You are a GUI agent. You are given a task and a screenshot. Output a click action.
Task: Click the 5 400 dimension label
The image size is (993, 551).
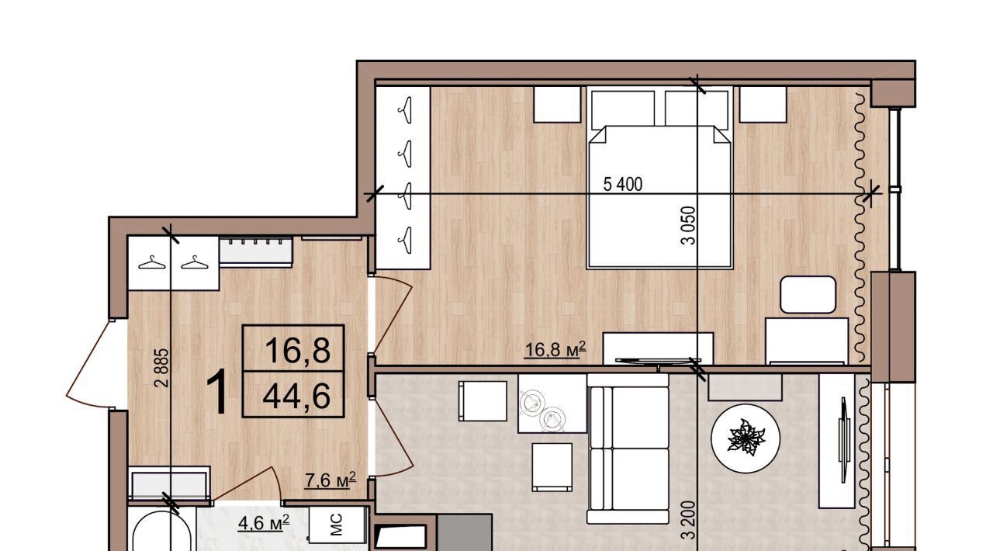click(x=622, y=184)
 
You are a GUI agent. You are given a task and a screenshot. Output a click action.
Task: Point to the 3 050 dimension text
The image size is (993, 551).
click(x=688, y=226)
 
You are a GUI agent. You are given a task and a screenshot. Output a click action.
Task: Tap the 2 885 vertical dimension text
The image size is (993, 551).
click(x=162, y=368)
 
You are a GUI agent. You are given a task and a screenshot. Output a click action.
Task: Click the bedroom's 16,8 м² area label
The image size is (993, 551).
click(x=555, y=349)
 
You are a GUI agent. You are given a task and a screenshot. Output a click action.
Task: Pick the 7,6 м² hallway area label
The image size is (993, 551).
click(x=330, y=480)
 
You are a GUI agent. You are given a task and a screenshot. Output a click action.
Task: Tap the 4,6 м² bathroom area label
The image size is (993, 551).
click(x=264, y=522)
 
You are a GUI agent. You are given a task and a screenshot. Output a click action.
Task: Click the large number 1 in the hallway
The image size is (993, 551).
click(x=218, y=392)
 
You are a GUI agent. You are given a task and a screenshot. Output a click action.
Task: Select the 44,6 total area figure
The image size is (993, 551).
click(x=296, y=396)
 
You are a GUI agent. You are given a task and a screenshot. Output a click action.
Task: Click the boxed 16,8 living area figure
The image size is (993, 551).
click(x=297, y=350)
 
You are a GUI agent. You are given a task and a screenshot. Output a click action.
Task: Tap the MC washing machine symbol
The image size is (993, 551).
click(x=337, y=525)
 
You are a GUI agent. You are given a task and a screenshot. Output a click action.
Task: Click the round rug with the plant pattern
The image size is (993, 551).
click(x=746, y=438)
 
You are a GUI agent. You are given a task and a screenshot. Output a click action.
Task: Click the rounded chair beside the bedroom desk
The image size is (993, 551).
click(x=808, y=295)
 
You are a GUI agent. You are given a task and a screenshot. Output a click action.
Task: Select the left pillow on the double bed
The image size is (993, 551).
click(x=623, y=109)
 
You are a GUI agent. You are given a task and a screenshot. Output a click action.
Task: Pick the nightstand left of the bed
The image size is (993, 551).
click(x=557, y=104)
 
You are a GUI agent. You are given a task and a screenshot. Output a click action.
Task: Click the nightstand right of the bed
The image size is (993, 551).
click(x=763, y=104)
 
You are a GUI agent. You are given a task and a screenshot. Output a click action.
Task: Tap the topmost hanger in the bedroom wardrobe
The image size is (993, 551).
click(x=406, y=110)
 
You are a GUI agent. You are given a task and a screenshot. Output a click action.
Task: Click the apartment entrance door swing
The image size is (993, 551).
click(x=88, y=363)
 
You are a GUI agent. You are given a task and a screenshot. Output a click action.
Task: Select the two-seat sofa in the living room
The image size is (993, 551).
click(x=628, y=449)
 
